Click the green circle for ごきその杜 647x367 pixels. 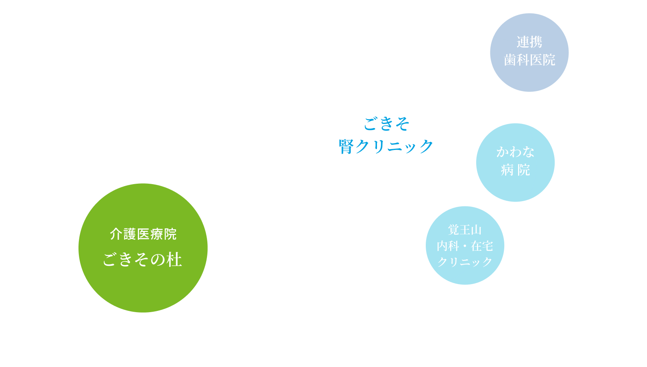143,284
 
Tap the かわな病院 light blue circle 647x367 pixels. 515,187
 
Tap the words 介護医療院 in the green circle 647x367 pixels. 143,234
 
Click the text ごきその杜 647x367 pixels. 142,260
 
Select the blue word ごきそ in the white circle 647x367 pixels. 386,124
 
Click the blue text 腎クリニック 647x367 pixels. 386,146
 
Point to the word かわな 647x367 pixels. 515,152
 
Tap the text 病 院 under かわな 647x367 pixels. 515,170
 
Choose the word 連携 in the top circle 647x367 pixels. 529,42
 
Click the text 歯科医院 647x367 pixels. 529,60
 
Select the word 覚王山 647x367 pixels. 465,230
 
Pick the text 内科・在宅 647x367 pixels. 465,246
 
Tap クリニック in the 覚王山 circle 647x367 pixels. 465,262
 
